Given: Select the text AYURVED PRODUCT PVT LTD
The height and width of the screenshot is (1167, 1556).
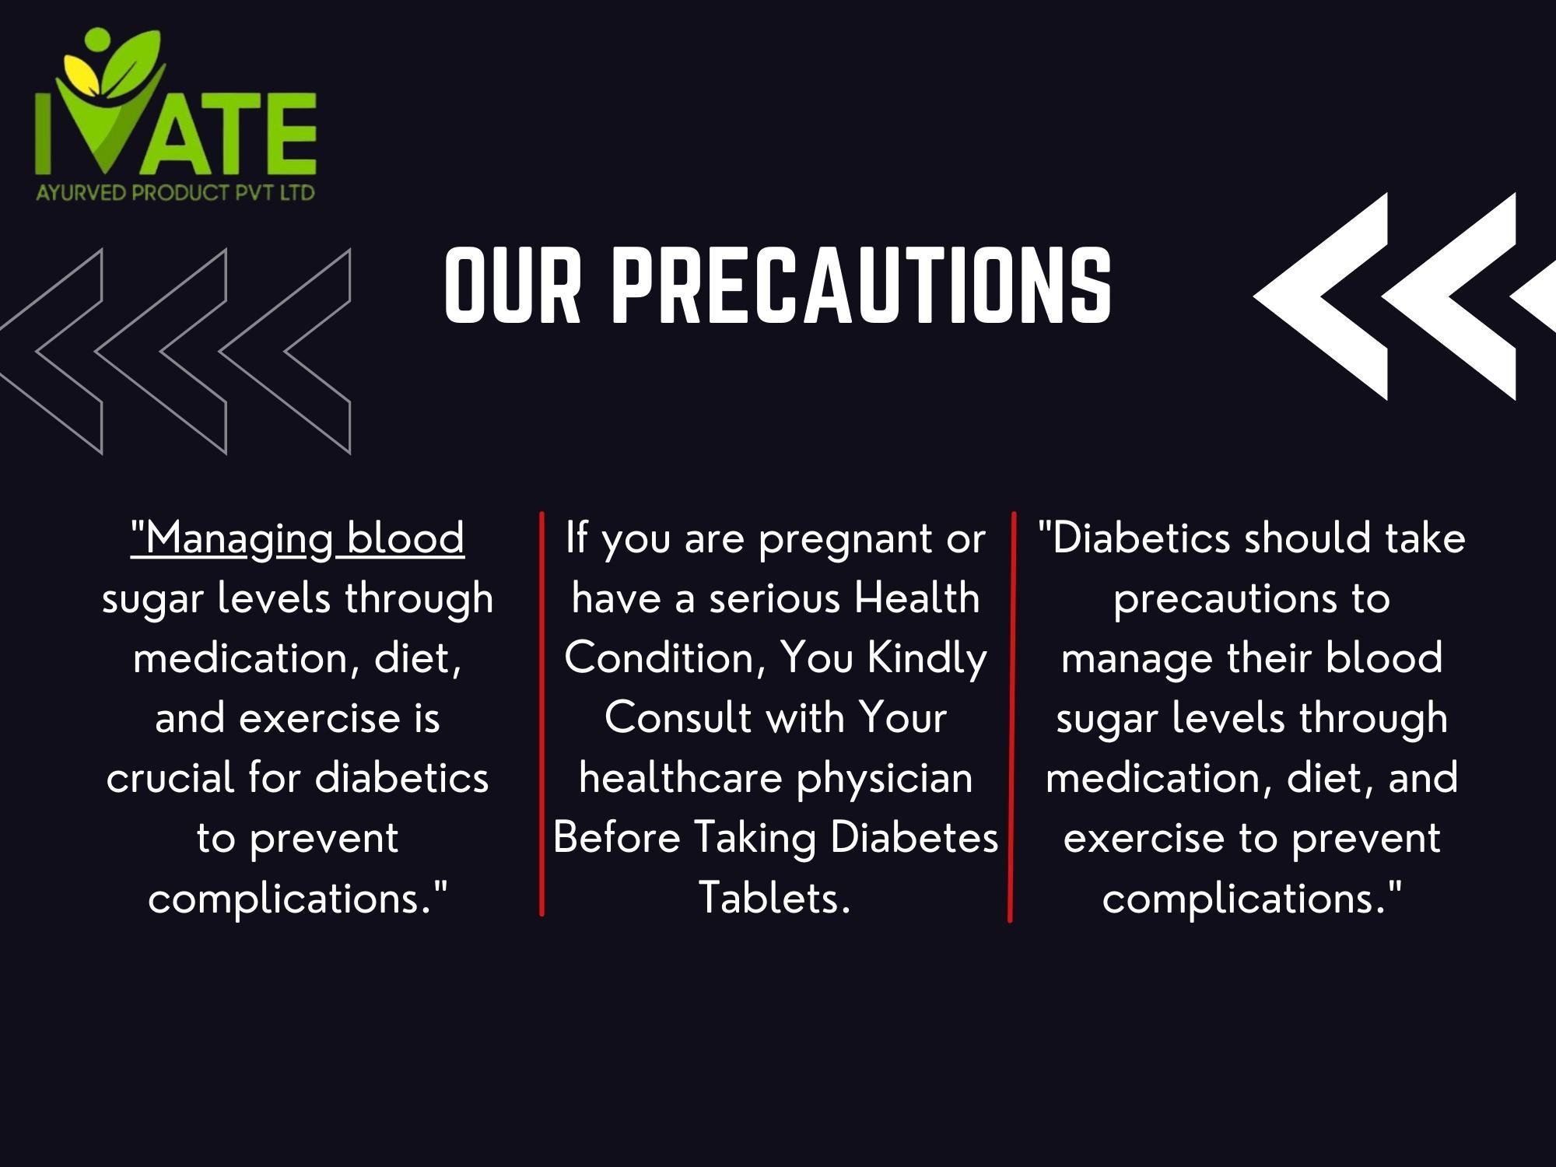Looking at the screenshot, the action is [175, 191].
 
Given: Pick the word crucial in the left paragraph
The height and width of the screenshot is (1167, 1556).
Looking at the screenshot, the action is [170, 778].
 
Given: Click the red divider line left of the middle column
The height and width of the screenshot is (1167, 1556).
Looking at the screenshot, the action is [541, 713].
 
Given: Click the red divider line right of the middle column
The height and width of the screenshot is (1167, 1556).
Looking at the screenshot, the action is [1012, 717].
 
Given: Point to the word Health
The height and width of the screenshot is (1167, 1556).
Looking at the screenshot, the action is [916, 598].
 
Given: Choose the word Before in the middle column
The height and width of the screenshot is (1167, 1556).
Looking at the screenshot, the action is [617, 838].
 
